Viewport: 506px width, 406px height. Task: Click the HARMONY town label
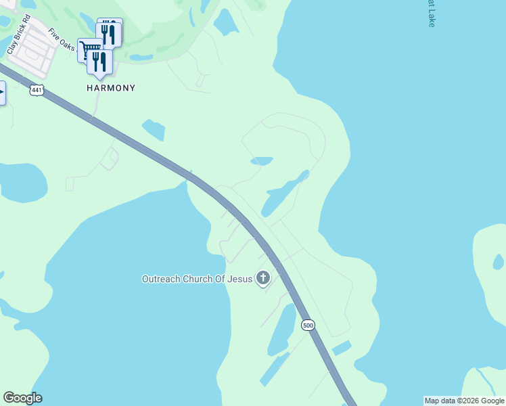point(111,88)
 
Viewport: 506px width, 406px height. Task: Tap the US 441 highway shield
point(37,89)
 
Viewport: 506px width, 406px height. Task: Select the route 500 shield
point(308,325)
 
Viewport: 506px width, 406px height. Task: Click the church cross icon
point(262,278)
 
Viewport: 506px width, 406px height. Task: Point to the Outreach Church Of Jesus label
point(196,279)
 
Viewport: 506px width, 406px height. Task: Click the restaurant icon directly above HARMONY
point(99,63)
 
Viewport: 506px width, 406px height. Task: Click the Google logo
point(23,398)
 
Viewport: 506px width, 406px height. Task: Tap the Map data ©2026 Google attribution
point(464,401)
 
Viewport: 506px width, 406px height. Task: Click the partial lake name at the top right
point(431,14)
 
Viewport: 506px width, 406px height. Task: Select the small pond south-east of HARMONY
point(154,129)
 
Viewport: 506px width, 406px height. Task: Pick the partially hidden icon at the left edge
point(2,93)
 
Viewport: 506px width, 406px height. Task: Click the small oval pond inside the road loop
point(262,161)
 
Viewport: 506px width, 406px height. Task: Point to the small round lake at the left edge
point(22,182)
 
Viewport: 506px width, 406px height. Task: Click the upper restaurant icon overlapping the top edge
point(110,32)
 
